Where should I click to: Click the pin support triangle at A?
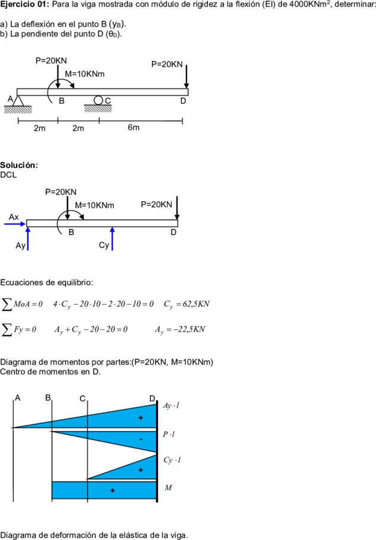pyautogui.click(x=18, y=101)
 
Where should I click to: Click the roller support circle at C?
pyautogui.click(x=98, y=100)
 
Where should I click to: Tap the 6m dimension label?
pyautogui.click(x=133, y=127)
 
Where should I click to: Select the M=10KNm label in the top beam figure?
pyautogui.click(x=85, y=74)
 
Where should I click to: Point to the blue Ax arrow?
pyautogui.click(x=15, y=224)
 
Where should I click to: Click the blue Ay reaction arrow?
pyautogui.click(x=28, y=239)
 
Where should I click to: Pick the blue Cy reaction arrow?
pyautogui.click(x=113, y=239)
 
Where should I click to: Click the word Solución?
pyautogui.click(x=19, y=165)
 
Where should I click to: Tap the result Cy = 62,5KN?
pyautogui.click(x=187, y=304)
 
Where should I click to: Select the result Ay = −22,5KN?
pyautogui.click(x=180, y=330)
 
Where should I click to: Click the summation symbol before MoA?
pyautogui.click(x=7, y=304)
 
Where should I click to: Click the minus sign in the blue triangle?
pyautogui.click(x=141, y=439)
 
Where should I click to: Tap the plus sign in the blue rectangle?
pyautogui.click(x=113, y=491)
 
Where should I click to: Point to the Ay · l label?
pyautogui.click(x=171, y=405)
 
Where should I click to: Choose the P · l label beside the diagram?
pyautogui.click(x=169, y=434)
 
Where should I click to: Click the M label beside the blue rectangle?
pyautogui.click(x=168, y=488)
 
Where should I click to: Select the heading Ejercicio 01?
pyautogui.click(x=25, y=5)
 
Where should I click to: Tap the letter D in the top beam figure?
pyautogui.click(x=184, y=101)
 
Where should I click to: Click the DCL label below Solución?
pyautogui.click(x=8, y=175)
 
